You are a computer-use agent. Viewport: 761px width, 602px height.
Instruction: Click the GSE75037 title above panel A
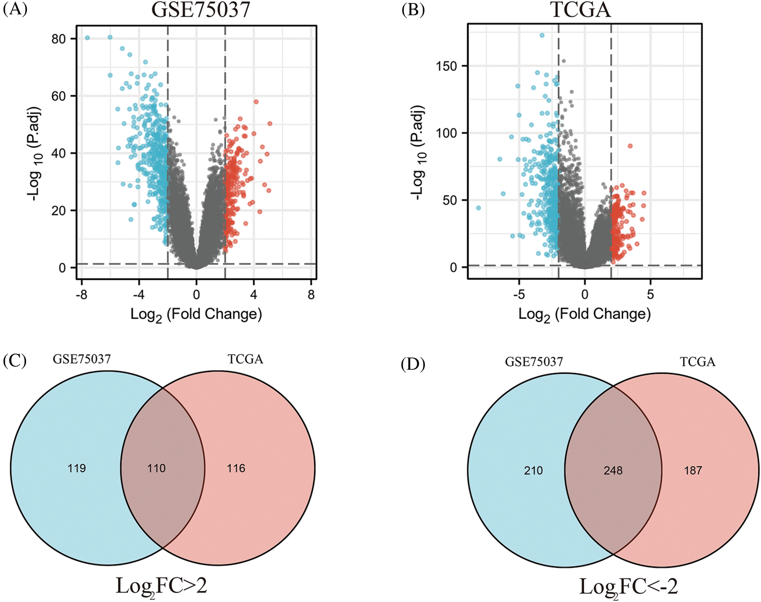201,10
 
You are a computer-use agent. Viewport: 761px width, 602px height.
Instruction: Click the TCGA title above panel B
581,10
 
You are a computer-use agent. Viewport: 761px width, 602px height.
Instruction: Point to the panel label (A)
15,9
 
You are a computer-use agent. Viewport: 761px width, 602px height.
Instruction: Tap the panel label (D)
413,364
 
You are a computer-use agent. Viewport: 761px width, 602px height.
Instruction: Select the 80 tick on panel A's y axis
58,39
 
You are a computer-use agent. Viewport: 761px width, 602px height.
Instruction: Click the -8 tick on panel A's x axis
81,295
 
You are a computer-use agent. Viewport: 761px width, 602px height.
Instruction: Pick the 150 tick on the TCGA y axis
446,66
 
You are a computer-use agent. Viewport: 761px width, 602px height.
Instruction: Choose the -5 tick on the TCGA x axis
519,295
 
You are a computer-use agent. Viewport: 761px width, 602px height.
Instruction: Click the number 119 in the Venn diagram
77,468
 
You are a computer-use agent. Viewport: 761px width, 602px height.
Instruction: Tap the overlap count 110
156,468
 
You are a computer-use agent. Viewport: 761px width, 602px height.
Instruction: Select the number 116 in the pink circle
236,468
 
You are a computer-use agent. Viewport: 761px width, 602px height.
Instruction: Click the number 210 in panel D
533,471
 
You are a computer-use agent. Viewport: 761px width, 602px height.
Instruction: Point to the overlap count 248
613,471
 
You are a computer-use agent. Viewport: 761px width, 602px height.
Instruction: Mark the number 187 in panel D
693,471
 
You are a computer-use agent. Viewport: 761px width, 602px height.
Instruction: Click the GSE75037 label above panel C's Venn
82,359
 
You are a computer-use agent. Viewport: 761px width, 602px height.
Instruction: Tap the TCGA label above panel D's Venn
698,362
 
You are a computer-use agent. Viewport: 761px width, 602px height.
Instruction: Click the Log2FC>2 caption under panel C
161,586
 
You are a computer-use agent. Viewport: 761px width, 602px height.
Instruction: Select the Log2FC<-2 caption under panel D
628,587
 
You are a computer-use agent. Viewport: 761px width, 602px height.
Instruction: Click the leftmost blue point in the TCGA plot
478,208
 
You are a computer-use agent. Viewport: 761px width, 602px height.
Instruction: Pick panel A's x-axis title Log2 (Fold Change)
196,314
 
